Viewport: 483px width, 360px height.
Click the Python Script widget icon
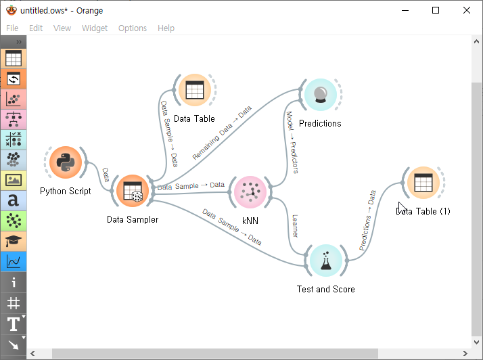point(66,162)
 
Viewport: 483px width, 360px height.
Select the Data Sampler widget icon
point(133,192)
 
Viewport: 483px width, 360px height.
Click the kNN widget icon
point(250,192)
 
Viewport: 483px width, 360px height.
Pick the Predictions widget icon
point(320,95)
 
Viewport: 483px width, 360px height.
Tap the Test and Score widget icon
point(325,261)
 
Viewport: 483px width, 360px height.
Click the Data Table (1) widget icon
point(423,183)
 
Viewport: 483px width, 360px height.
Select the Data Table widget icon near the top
point(194,90)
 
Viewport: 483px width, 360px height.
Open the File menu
point(13,28)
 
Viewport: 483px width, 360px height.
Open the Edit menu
point(36,28)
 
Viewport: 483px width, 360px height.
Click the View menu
point(62,28)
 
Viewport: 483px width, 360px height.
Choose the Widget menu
point(95,28)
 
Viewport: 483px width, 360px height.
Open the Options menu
point(133,28)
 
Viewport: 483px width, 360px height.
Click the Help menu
point(166,28)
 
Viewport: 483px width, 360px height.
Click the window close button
point(467,10)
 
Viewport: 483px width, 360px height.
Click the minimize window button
point(405,10)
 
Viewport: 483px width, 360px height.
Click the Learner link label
point(294,226)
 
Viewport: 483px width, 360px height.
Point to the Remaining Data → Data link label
point(221,133)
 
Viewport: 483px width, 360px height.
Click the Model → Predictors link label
point(292,142)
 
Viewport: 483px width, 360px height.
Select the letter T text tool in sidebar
point(13,324)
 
